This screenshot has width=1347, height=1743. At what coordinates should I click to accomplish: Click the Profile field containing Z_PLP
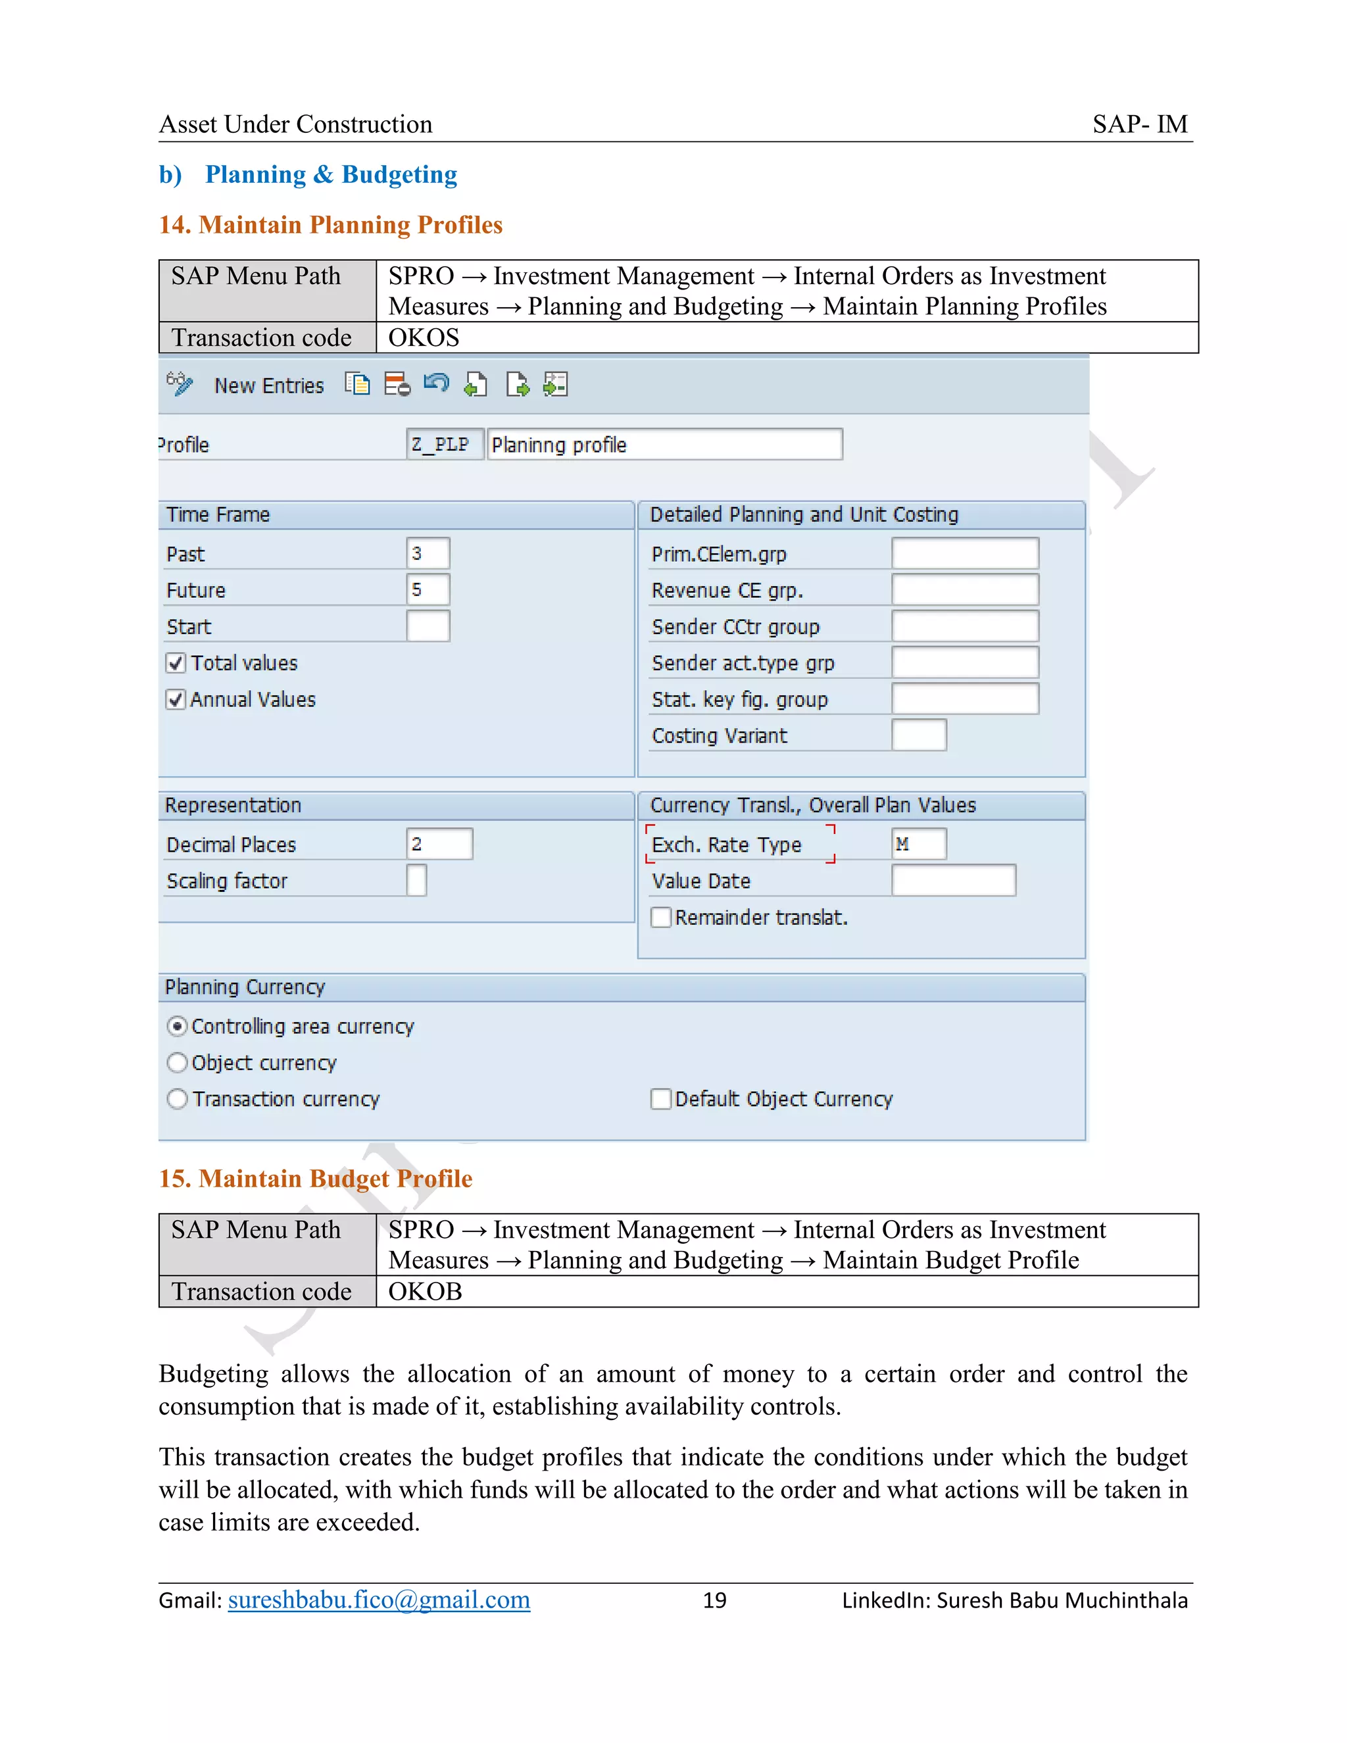(445, 445)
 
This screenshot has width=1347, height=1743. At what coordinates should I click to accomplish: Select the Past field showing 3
(428, 553)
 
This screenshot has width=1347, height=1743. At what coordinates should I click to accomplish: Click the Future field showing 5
(428, 590)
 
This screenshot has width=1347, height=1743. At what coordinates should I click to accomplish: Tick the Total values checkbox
(176, 663)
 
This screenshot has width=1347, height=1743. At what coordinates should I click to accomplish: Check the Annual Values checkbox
(176, 700)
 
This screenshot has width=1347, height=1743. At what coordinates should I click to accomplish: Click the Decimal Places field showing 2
(439, 845)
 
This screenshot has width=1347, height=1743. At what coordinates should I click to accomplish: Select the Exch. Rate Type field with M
(918, 845)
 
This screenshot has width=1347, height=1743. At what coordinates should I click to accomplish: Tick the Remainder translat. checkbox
(661, 918)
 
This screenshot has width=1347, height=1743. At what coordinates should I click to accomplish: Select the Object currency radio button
(177, 1063)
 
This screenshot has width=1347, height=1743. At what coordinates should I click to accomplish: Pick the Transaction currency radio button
(177, 1099)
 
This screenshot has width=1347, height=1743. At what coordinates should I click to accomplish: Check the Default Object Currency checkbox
(661, 1099)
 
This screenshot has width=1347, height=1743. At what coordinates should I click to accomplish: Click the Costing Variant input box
(918, 735)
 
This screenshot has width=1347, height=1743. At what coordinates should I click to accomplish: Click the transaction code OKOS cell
(424, 337)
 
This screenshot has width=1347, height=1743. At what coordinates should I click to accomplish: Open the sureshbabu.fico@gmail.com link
(379, 1600)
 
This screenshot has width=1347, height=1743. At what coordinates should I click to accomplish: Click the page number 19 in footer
(714, 1600)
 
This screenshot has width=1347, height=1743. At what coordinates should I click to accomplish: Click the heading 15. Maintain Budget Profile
(315, 1179)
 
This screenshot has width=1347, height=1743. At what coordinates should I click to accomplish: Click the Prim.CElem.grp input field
(965, 553)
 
